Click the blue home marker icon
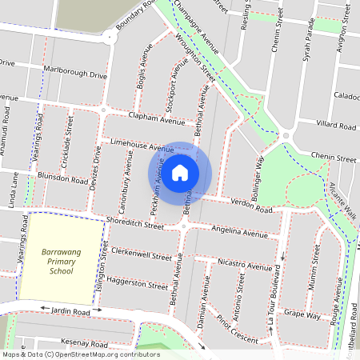coord(180,172)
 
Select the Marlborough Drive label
coord(76,75)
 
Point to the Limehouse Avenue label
coord(142,145)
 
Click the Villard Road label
coord(336,126)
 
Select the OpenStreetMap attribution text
coord(81,354)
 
